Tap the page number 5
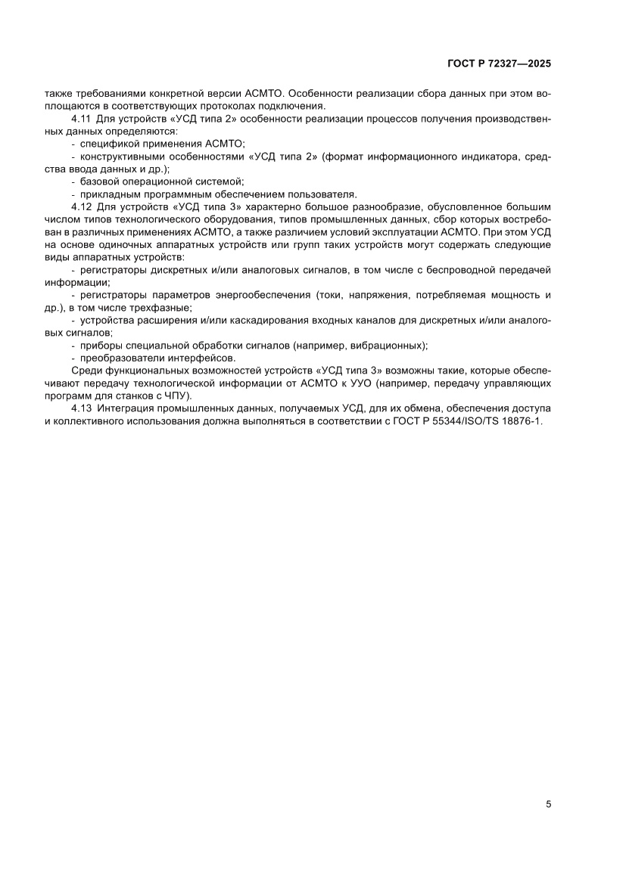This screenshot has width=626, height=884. pyautogui.click(x=548, y=805)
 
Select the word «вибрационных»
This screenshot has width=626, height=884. pyautogui.click(x=390, y=345)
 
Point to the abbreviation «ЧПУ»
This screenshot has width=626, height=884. pyautogui.click(x=179, y=395)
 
